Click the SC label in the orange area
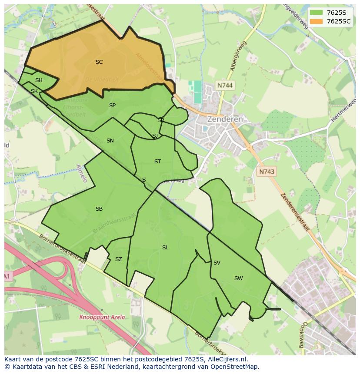tap(99, 62)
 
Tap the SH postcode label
tap(39, 80)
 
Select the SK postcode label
tap(34, 91)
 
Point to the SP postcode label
tap(112, 106)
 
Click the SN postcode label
tap(110, 141)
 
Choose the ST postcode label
tap(157, 162)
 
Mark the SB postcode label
tap(99, 209)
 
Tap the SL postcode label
tap(165, 248)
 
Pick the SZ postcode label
tap(119, 259)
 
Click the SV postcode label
tap(217, 263)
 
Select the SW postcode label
tap(238, 278)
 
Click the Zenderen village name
tap(225, 119)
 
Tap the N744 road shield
tap(225, 86)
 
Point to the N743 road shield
tap(267, 172)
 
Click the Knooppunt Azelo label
tap(102, 317)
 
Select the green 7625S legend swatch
tap(316, 13)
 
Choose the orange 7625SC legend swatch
tap(316, 21)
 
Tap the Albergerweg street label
tap(239, 56)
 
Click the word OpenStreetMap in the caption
tap(234, 367)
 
